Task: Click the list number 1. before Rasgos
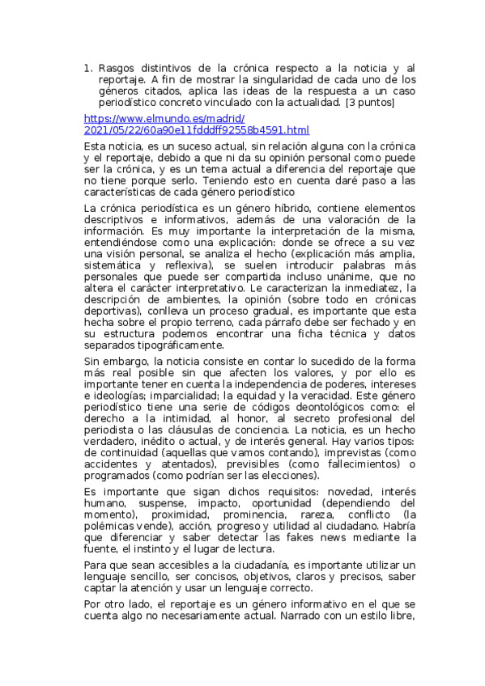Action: [x=88, y=69]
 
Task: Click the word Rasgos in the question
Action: [x=120, y=69]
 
